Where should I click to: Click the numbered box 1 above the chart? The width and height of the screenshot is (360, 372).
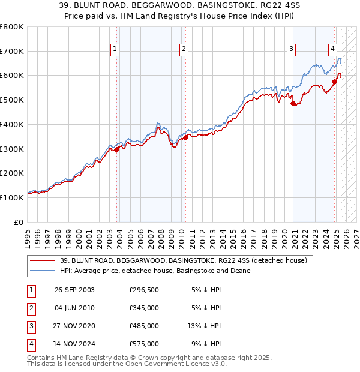tap(115, 50)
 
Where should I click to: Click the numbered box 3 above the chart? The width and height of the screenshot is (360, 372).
tap(291, 50)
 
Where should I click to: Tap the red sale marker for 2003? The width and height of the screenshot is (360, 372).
tap(117, 150)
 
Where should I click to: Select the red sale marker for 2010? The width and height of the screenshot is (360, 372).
tap(186, 138)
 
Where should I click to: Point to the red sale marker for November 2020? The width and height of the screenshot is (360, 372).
tap(293, 103)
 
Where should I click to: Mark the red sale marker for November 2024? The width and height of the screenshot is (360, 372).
tap(334, 82)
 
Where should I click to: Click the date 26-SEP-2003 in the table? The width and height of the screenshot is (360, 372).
tap(74, 290)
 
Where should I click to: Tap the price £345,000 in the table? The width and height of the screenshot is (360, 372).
tap(144, 308)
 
